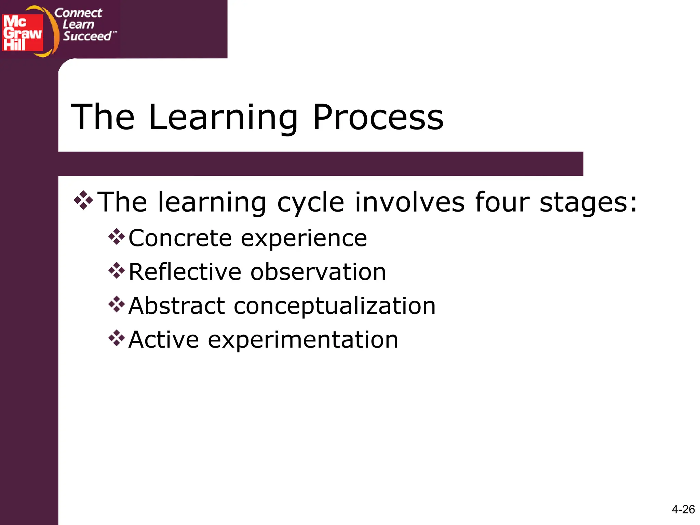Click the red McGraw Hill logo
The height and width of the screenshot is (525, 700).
(x=23, y=32)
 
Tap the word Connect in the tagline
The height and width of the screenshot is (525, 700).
(x=78, y=13)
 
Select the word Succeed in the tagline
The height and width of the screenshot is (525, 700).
(x=87, y=36)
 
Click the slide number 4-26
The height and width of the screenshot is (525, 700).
(x=683, y=509)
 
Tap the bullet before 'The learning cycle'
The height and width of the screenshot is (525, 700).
(x=83, y=200)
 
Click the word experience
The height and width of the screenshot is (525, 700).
(x=304, y=239)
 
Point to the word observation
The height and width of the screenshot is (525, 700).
(x=318, y=272)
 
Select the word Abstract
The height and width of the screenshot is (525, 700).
(x=177, y=306)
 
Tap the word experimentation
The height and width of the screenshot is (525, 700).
(x=303, y=340)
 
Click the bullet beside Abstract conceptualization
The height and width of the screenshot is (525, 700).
(x=117, y=304)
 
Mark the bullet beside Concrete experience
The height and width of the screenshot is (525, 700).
(x=117, y=237)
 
